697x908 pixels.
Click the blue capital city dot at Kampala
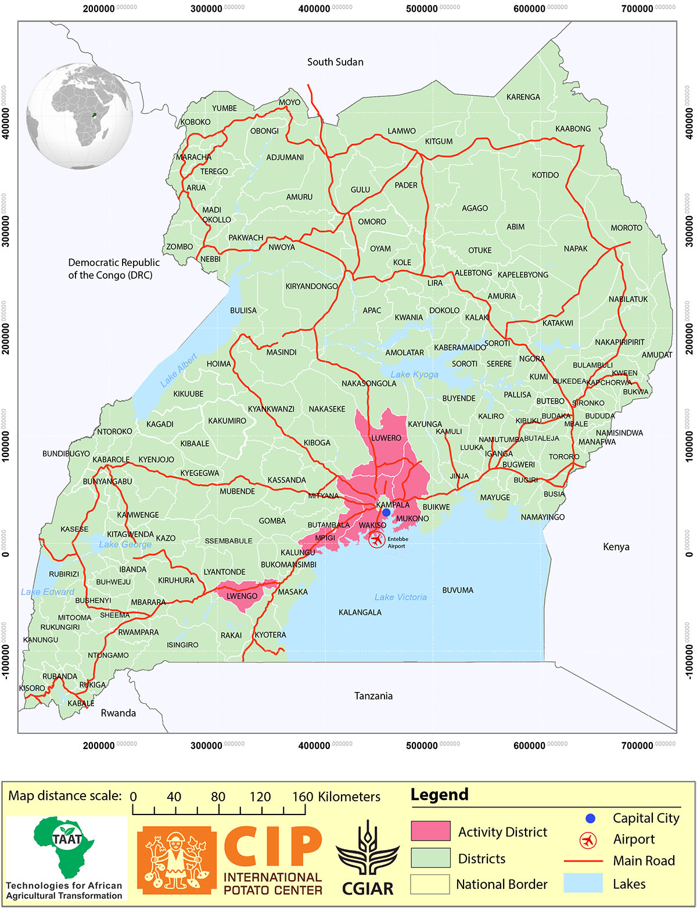pos(386,512)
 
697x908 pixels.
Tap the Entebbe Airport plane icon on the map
pos(377,540)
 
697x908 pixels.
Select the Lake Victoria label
pos(400,597)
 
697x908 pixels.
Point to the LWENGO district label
pos(242,596)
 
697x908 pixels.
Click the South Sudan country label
pos(335,62)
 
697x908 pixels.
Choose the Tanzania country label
pos(373,696)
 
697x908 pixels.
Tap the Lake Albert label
pos(179,370)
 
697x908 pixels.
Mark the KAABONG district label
pos(573,129)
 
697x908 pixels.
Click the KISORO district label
pos(32,688)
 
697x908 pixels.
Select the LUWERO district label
pos(386,438)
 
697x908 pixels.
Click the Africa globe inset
pos(80,116)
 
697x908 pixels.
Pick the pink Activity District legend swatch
pos(430,831)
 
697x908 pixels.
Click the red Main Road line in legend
pos(583,861)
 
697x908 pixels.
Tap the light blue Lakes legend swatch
pos(583,883)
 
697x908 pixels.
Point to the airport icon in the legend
pos(588,840)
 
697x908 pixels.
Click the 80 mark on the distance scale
pos(218,797)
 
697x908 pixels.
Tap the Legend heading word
pos(439,795)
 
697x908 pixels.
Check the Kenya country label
pos(616,546)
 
